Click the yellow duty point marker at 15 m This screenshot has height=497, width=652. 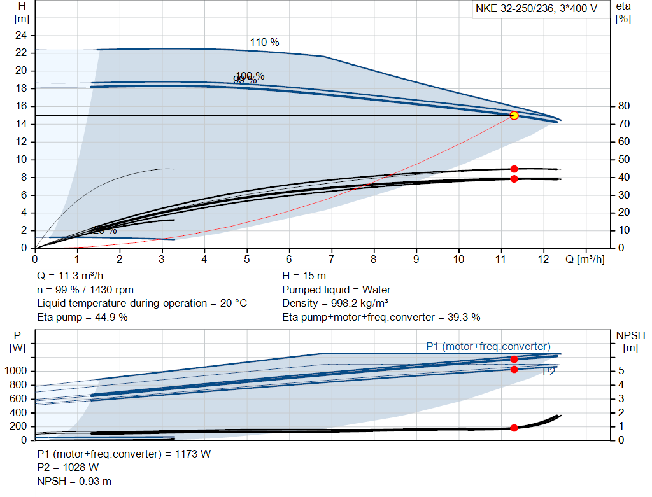click(x=514, y=115)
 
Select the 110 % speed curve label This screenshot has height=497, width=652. click(x=264, y=43)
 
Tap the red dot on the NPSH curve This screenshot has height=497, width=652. click(x=514, y=428)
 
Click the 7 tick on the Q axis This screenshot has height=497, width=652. click(x=331, y=260)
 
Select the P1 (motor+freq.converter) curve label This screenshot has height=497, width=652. click(x=488, y=346)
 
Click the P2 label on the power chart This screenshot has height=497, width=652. click(x=549, y=372)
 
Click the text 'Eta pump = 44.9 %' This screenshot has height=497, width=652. click(x=82, y=317)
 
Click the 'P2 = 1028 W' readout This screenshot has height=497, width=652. click(x=68, y=468)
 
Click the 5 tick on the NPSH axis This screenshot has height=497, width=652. click(x=620, y=371)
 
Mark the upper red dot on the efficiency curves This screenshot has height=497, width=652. click(x=514, y=169)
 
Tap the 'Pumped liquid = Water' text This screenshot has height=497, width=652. click(x=336, y=290)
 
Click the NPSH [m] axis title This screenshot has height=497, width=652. click(x=630, y=340)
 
